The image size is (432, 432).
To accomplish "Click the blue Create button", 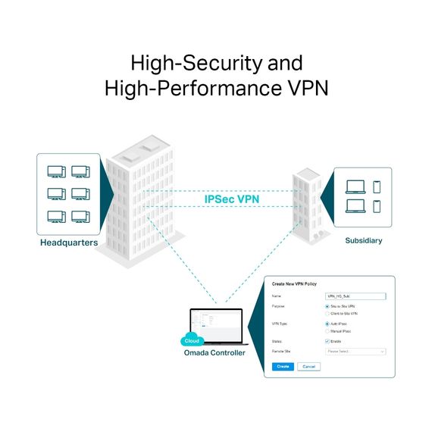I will coord(282,366).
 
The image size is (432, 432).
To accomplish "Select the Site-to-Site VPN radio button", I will coord(327,306).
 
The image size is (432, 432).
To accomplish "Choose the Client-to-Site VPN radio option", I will coord(327,313).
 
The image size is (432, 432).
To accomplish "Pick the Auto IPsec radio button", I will coord(327,324).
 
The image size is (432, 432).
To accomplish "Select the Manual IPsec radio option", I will coord(327,331).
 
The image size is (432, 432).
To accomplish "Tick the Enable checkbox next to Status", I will coord(327,341).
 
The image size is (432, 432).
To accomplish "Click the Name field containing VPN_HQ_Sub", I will coord(355,296).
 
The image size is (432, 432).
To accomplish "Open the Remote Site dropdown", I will coord(355,352).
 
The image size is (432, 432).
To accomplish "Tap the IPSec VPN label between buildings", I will coord(231,199).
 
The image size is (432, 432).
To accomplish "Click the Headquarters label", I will coord(68,243).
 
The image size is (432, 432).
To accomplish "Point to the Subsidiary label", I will coord(363,240).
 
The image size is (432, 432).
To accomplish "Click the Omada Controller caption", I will coord(214,352).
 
